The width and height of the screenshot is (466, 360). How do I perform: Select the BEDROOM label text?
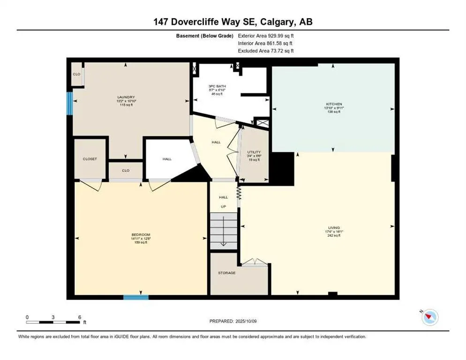pyautogui.click(x=141, y=234)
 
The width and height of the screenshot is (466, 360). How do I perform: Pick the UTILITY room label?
pyautogui.click(x=254, y=152)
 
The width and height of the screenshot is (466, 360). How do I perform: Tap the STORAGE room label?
pyautogui.click(x=226, y=273)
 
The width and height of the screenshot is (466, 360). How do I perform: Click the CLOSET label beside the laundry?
pyautogui.click(x=90, y=159)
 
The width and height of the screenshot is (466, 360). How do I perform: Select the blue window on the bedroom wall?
pyautogui.click(x=136, y=297)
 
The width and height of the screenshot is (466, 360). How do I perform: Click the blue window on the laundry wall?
pyautogui.click(x=69, y=103)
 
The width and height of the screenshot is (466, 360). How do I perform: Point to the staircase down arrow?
pyautogui.click(x=224, y=237)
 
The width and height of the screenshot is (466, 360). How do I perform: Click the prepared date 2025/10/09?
pyautogui.click(x=233, y=321)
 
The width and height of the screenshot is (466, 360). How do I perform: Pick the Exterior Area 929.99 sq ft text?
pyautogui.click(x=266, y=36)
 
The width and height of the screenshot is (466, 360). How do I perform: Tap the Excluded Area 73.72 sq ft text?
pyautogui.click(x=266, y=51)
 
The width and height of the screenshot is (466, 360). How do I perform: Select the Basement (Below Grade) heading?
pyautogui.click(x=204, y=36)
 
